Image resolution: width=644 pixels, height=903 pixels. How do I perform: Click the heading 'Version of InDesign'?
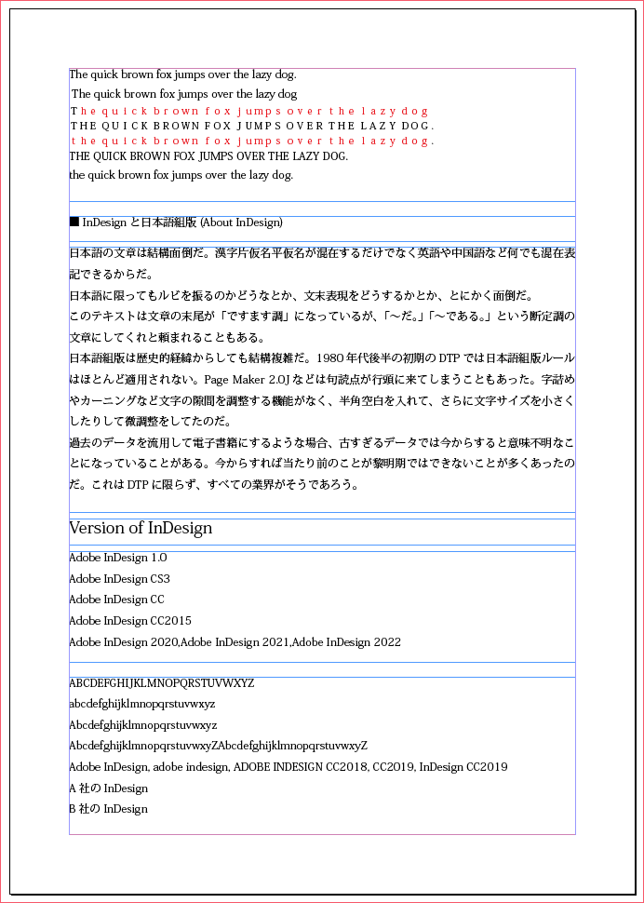point(141,529)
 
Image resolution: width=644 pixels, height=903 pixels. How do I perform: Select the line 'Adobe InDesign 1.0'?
point(118,558)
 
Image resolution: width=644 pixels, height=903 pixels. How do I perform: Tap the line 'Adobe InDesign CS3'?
point(119,579)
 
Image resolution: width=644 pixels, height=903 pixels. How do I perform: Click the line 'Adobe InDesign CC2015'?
point(130,621)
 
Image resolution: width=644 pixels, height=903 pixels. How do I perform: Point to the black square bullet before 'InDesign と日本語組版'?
point(74,222)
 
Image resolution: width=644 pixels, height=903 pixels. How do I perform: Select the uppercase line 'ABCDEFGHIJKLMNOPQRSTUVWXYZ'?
point(162,683)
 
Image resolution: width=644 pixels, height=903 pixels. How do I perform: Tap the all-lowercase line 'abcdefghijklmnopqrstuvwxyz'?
point(141,704)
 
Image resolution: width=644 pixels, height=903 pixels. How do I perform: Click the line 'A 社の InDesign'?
point(108,788)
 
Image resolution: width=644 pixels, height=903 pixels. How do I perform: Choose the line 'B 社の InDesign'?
point(108,809)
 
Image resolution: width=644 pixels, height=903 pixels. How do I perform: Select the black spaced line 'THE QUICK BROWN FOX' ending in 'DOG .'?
point(252,126)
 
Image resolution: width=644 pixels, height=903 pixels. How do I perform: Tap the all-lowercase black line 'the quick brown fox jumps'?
point(181,175)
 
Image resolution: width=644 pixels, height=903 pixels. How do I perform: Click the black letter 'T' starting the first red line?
point(74,111)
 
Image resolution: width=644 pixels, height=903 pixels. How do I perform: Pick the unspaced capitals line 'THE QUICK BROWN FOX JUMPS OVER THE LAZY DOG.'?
point(208,156)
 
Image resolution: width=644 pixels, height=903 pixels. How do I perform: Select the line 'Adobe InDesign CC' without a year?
point(116,600)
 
